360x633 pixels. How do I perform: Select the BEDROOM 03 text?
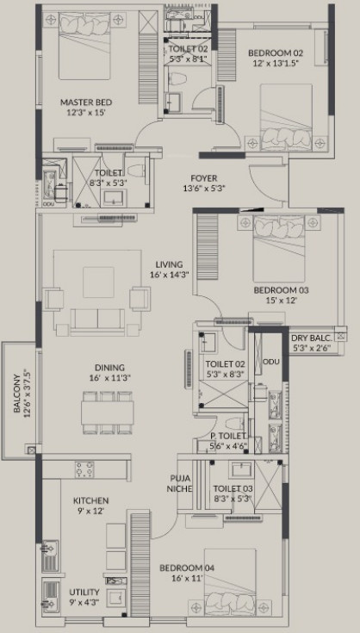coord(281,290)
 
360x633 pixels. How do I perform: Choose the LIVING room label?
coord(169,264)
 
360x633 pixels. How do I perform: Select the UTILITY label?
coord(84,593)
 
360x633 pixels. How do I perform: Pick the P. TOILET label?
coord(229,437)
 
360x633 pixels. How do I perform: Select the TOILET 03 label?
coord(232,487)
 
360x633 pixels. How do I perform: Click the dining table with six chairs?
coord(108,409)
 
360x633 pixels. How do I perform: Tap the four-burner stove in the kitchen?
coord(85,470)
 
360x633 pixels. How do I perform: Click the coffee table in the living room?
coord(97,282)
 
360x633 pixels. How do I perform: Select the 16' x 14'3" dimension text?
coord(169,275)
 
